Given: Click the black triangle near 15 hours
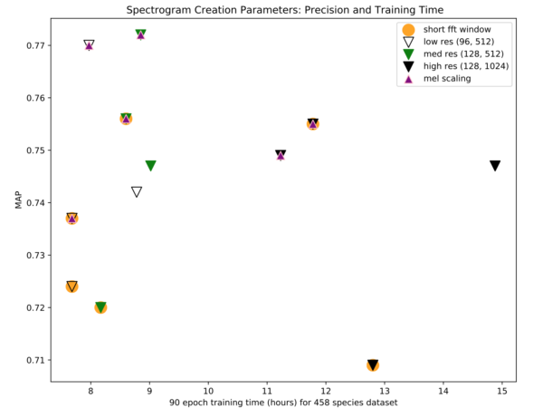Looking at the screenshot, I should [x=495, y=166].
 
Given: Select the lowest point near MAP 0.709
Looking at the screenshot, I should [x=373, y=365].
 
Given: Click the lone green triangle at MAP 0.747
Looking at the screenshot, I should [x=150, y=166].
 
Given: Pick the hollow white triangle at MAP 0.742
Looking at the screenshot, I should [x=137, y=192].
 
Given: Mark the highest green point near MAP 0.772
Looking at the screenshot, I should [x=140, y=34].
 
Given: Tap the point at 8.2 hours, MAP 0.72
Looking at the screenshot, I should [x=100, y=307].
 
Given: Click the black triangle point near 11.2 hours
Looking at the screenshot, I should [x=281, y=155].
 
